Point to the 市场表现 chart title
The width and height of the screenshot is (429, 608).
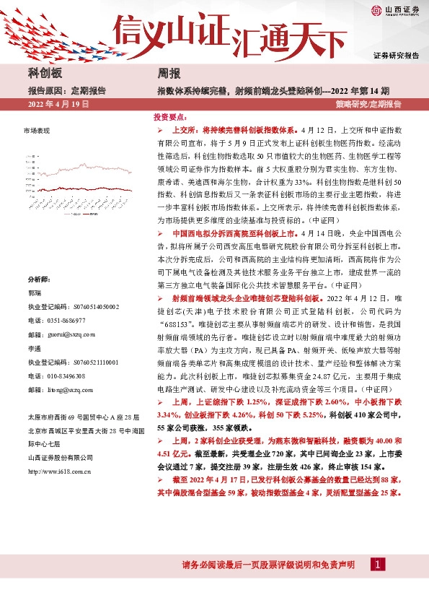(37, 131)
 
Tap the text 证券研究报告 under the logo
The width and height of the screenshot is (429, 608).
(396, 55)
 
